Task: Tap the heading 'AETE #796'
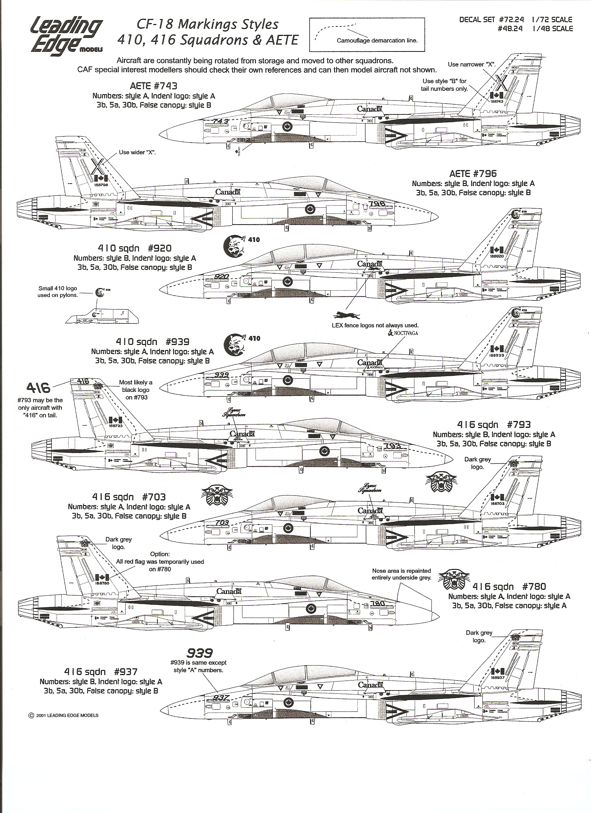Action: coord(473,174)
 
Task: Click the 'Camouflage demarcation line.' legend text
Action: coord(377,40)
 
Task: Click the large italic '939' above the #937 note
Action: coord(199,653)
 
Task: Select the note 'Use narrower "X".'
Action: coord(471,65)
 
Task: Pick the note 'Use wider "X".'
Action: coord(137,152)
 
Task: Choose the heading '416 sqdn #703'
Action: coord(129,497)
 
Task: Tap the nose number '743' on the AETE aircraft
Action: coord(220,121)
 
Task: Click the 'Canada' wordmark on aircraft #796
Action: coord(227,192)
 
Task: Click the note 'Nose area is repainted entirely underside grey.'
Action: coord(401,574)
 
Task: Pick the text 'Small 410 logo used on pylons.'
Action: coord(58,292)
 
